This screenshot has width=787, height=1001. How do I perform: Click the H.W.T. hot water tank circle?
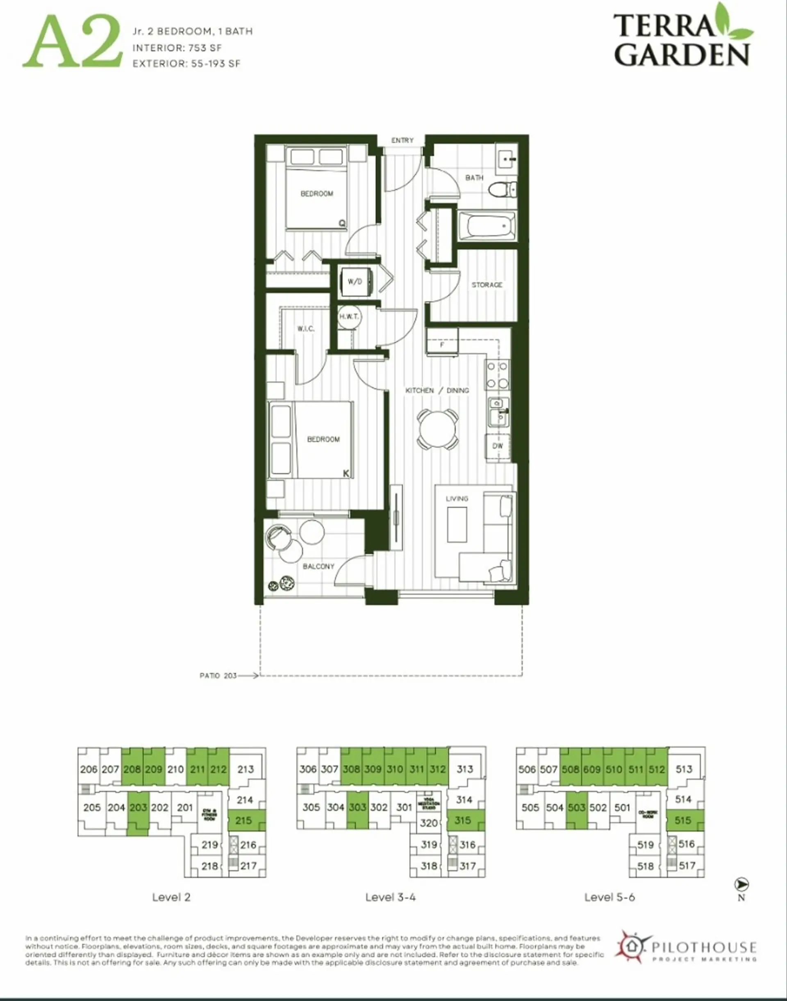tap(349, 317)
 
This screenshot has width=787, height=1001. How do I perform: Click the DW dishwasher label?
tap(498, 446)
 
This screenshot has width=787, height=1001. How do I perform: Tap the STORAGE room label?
tap(487, 285)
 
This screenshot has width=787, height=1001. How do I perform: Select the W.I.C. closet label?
tap(305, 329)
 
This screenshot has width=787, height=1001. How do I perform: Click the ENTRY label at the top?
tap(402, 140)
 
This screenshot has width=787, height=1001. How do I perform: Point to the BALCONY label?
tap(318, 566)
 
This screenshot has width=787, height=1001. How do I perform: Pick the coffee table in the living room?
tap(457, 524)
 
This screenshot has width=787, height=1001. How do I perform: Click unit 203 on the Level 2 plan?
tap(138, 807)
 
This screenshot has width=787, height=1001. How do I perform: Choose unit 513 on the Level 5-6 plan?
tap(684, 769)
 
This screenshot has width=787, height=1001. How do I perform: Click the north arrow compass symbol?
tap(742, 884)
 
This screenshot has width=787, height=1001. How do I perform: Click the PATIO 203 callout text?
tap(218, 676)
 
